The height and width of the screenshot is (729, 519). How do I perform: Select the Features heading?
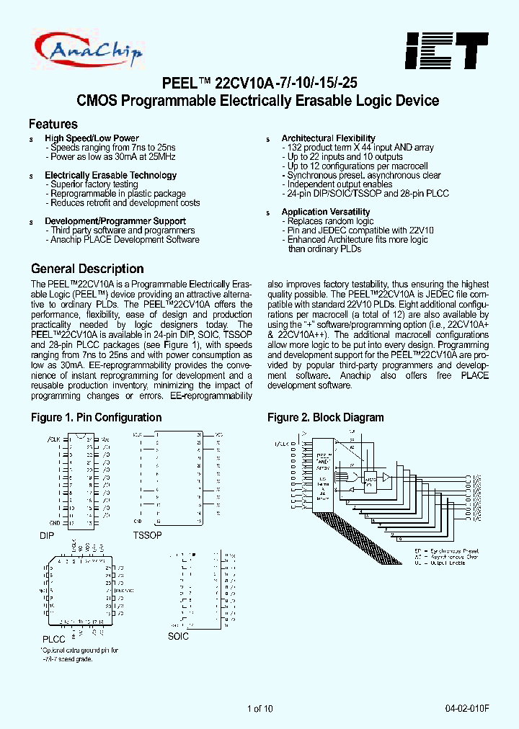(x=53, y=124)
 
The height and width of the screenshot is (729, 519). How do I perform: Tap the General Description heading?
(x=87, y=269)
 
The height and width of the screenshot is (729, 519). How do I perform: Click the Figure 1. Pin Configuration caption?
(x=96, y=418)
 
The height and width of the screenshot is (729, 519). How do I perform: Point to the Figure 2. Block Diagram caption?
(x=325, y=418)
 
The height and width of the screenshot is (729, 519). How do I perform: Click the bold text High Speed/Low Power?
(x=92, y=138)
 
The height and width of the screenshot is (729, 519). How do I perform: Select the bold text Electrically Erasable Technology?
(x=110, y=175)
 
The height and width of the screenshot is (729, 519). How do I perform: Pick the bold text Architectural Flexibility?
(x=328, y=138)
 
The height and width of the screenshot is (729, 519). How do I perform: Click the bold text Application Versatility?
(x=325, y=212)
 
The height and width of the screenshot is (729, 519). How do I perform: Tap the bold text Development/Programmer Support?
(x=115, y=221)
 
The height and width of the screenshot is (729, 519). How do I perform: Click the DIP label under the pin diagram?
(x=47, y=537)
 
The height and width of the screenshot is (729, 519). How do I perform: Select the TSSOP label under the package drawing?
(x=147, y=535)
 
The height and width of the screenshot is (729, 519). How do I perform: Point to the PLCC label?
(x=53, y=639)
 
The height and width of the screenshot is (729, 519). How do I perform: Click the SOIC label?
(x=178, y=637)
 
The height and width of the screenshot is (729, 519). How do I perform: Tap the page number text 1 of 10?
(x=259, y=709)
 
